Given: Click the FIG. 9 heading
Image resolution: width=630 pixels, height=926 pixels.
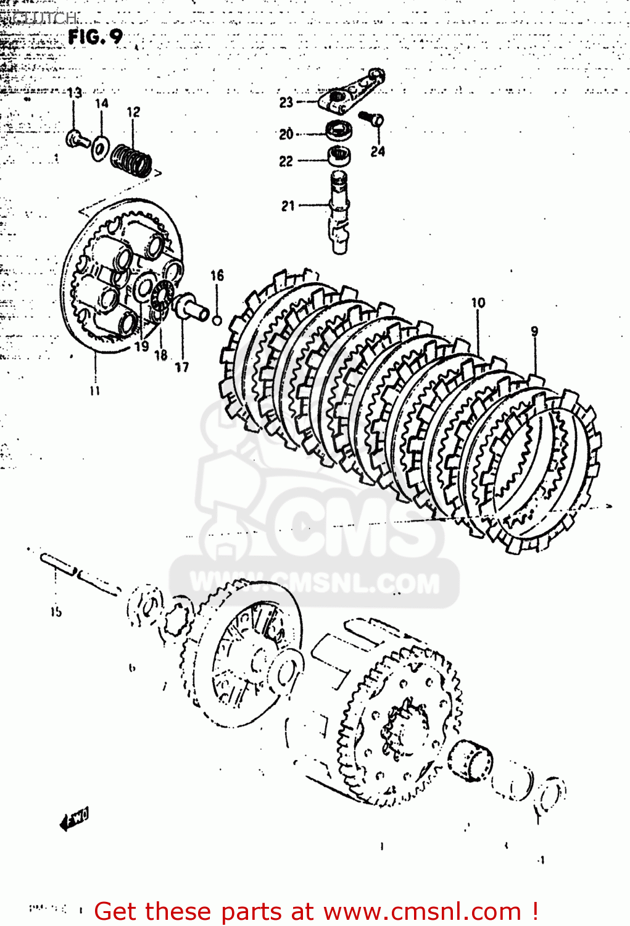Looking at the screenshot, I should pyautogui.click(x=96, y=37).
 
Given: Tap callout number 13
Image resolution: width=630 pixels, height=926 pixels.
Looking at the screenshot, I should pyautogui.click(x=74, y=93).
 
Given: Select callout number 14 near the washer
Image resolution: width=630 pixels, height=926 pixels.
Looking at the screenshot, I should pyautogui.click(x=102, y=104).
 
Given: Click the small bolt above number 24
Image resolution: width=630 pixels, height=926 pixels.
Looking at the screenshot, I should pyautogui.click(x=372, y=118).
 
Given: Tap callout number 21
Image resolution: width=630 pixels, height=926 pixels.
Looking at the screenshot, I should pyautogui.click(x=288, y=206).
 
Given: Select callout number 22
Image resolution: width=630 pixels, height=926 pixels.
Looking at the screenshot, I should pyautogui.click(x=286, y=161).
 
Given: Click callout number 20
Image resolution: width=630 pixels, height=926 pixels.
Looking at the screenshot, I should pyautogui.click(x=286, y=134).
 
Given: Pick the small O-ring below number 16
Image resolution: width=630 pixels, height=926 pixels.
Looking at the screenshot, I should pyautogui.click(x=217, y=320).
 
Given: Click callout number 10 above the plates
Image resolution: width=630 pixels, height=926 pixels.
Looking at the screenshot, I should pyautogui.click(x=478, y=302).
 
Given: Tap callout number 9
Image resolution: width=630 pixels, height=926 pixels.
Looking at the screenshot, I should pyautogui.click(x=534, y=332).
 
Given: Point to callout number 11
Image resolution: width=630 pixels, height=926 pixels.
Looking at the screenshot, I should pyautogui.click(x=94, y=390).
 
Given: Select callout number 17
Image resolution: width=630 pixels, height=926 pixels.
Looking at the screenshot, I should pyautogui.click(x=181, y=367).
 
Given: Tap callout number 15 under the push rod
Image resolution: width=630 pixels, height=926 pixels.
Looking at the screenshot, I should pyautogui.click(x=56, y=612).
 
